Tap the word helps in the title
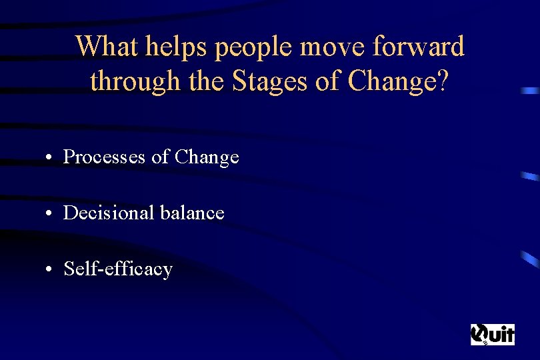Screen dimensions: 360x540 [171, 47]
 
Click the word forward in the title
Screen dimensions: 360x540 [419, 47]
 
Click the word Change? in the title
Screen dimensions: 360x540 [401, 82]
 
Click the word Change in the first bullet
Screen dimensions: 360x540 [207, 157]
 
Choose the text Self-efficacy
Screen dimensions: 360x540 [118, 269]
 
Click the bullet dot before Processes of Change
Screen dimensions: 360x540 [50, 158]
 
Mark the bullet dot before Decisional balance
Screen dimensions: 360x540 [50, 214]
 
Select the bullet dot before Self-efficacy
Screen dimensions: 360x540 [50, 270]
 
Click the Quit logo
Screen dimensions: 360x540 [493, 334]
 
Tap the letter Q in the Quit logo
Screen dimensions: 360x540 [479, 333]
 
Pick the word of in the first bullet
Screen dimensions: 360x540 [160, 157]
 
